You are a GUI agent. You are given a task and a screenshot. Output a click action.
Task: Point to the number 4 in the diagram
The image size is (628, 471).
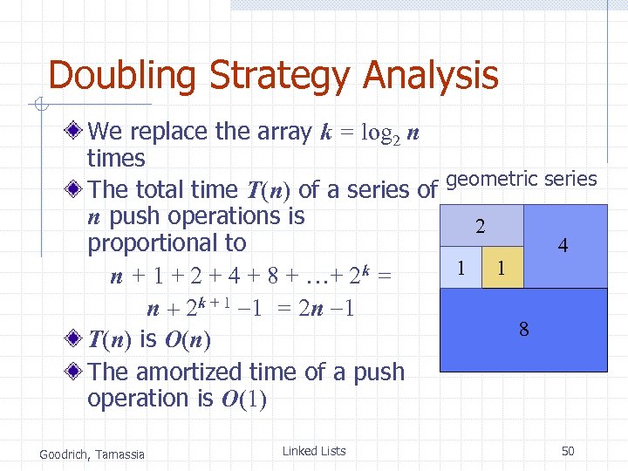(563, 247)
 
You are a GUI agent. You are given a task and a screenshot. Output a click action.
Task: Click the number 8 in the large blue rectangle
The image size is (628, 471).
(523, 330)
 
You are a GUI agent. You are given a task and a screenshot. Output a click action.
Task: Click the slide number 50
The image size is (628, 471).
(568, 451)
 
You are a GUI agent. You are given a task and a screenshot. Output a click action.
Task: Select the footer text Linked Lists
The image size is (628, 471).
(314, 451)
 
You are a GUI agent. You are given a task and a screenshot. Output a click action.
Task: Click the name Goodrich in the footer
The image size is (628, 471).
(65, 453)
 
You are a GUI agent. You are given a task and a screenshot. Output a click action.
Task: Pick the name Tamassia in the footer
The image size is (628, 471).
(121, 453)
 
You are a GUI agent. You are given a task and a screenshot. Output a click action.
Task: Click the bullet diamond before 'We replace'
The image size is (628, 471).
(76, 132)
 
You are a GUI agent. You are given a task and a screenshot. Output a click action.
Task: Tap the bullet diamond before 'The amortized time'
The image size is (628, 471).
(76, 372)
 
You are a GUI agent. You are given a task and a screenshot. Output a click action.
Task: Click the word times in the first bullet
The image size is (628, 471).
(116, 158)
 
